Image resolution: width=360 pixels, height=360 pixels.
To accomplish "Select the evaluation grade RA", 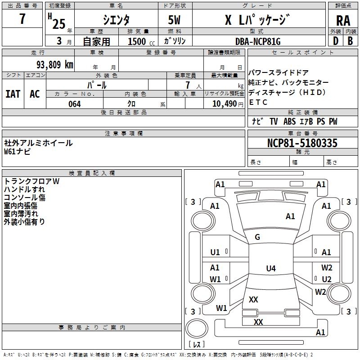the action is pyautogui.click(x=343, y=21).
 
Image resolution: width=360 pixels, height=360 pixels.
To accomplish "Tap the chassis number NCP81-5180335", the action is pyautogui.click(x=302, y=144).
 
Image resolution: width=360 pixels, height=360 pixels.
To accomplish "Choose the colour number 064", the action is pyautogui.click(x=74, y=104).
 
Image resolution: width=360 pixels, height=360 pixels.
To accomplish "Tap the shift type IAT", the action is pyautogui.click(x=13, y=94).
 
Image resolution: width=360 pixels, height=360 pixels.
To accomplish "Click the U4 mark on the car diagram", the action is pyautogui.click(x=270, y=269).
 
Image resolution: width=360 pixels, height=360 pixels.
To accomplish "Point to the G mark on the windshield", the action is pyautogui.click(x=257, y=237).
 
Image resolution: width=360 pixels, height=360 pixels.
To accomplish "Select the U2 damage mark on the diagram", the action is pyautogui.click(x=327, y=279).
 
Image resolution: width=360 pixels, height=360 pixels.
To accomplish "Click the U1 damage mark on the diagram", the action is pyautogui.click(x=215, y=252).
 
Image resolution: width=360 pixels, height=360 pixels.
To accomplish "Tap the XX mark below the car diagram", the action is pyautogui.click(x=258, y=322).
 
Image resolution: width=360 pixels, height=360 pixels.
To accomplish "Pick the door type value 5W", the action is pyautogui.click(x=175, y=21).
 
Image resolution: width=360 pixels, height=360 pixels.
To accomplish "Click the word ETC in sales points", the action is pyautogui.click(x=258, y=102).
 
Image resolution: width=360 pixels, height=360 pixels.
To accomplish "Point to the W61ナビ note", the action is pyautogui.click(x=18, y=152).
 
